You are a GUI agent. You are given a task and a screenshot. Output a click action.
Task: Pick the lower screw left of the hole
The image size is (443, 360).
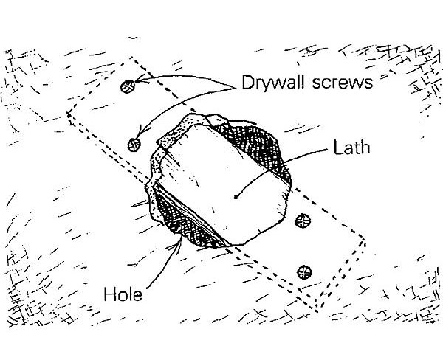134,143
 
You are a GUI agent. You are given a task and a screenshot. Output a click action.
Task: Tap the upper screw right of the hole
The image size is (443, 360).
302,220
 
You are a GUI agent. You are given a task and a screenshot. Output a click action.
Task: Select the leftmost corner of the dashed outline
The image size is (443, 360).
68,114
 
